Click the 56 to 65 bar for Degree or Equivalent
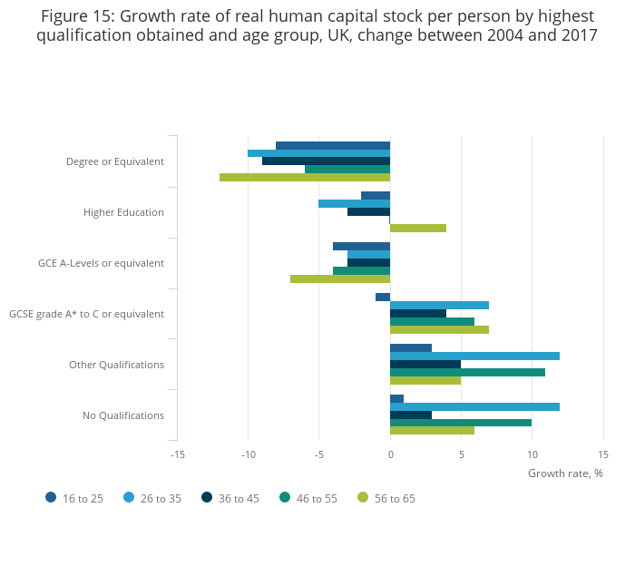click(305, 177)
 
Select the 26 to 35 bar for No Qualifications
click(474, 406)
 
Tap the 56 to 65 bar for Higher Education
click(418, 228)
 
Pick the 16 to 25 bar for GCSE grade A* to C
click(383, 297)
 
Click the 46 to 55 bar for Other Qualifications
click(467, 372)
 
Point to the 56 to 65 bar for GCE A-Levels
click(340, 278)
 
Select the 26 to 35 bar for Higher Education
click(354, 203)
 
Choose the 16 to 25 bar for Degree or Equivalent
click(333, 145)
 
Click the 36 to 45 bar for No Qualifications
click(411, 415)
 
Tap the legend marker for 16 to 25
click(51, 497)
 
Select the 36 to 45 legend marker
click(207, 497)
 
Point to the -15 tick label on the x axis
click(177, 454)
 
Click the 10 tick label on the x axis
click(532, 454)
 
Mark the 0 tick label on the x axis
click(390, 454)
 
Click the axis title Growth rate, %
click(565, 473)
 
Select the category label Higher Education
click(123, 212)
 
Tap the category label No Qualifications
click(123, 415)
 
